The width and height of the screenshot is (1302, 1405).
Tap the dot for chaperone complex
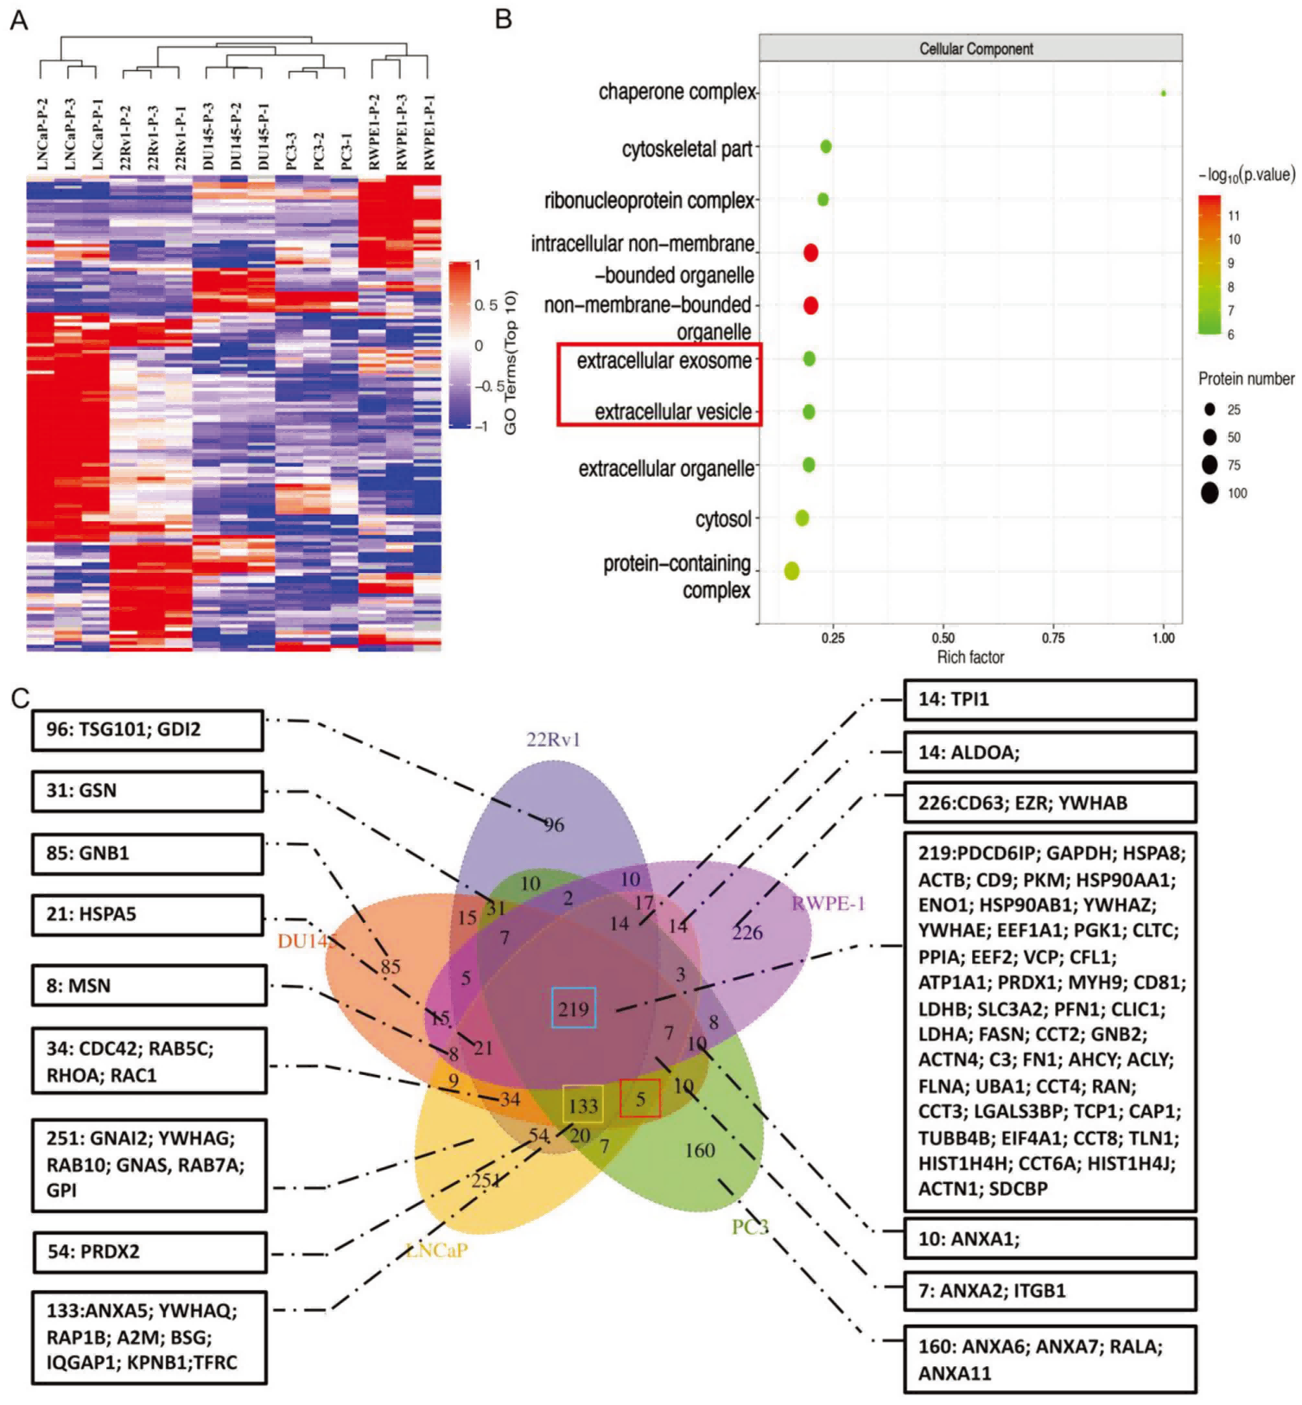click(x=1163, y=93)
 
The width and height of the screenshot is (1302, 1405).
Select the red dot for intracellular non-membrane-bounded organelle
click(x=810, y=252)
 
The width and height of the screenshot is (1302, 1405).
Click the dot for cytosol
click(x=802, y=518)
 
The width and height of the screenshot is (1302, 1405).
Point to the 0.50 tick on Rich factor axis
click(x=943, y=638)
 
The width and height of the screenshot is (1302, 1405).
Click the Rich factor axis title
click(x=970, y=658)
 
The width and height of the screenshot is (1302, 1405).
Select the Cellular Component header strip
click(x=970, y=48)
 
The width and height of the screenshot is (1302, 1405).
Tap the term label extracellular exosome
click(x=664, y=360)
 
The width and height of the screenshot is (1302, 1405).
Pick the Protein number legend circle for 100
click(x=1210, y=493)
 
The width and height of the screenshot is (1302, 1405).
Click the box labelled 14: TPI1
click(x=1050, y=700)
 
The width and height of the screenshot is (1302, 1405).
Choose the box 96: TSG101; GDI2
click(x=148, y=730)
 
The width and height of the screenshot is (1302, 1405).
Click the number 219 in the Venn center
click(x=574, y=1008)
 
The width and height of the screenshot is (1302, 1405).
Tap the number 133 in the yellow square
click(x=583, y=1105)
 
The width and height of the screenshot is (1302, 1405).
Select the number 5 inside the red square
click(x=640, y=1099)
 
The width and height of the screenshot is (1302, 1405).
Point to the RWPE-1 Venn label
click(x=828, y=904)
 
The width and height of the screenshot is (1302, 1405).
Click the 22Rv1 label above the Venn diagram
click(x=553, y=740)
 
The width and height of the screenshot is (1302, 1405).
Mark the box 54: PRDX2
click(x=149, y=1252)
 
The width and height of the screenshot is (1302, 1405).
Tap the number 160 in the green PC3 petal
click(x=699, y=1150)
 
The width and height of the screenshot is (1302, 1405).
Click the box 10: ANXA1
click(x=1050, y=1239)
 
